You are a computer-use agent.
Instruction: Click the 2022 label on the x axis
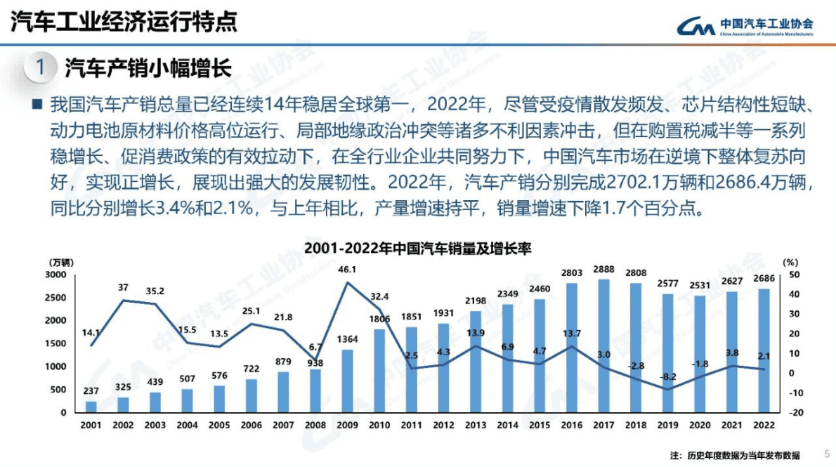click(x=764, y=426)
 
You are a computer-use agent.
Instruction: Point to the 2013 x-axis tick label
click(x=475, y=426)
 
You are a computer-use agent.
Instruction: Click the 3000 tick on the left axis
click(x=56, y=275)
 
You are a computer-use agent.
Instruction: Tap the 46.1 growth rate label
click(x=347, y=269)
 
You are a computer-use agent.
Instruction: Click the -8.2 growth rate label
click(x=667, y=377)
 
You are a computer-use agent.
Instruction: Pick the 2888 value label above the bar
click(x=604, y=269)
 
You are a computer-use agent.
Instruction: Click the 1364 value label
click(x=347, y=340)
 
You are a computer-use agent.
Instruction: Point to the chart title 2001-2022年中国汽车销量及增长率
click(x=417, y=249)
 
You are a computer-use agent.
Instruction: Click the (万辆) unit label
click(x=61, y=261)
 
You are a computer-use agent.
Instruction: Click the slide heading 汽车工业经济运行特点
click(x=123, y=21)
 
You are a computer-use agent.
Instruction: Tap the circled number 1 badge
click(x=40, y=67)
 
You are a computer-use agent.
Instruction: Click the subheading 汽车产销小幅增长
click(x=148, y=67)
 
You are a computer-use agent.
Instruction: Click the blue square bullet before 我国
click(x=37, y=106)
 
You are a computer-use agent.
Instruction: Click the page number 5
click(x=826, y=453)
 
